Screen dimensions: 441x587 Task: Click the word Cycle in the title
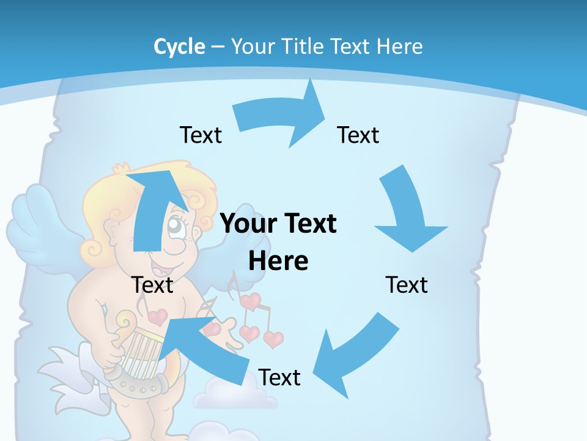pyautogui.click(x=179, y=47)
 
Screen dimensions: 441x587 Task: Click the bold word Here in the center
pyautogui.click(x=278, y=262)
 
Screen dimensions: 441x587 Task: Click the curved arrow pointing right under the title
pyautogui.click(x=281, y=116)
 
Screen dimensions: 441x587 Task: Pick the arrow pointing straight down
pyautogui.click(x=408, y=211)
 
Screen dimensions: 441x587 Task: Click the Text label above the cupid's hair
pyautogui.click(x=201, y=135)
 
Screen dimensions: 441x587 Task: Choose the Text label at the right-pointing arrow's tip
pyautogui.click(x=358, y=135)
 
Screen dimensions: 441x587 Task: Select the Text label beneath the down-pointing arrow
pyautogui.click(x=407, y=285)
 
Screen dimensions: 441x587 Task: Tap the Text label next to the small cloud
pyautogui.click(x=279, y=378)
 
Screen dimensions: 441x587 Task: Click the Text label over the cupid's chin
pyautogui.click(x=152, y=285)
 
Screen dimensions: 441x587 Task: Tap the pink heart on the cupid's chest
pyautogui.click(x=158, y=317)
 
